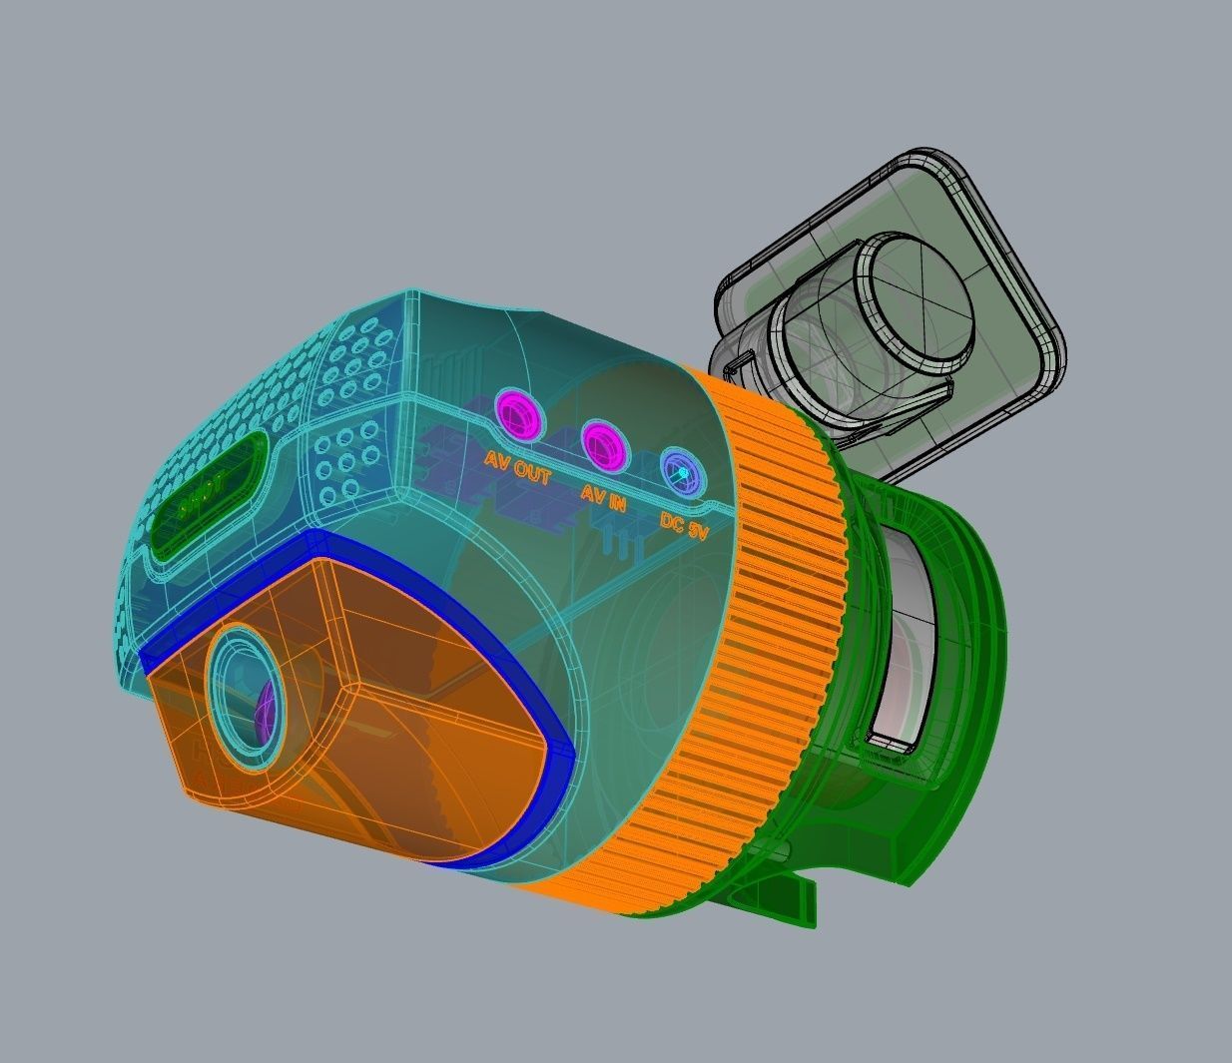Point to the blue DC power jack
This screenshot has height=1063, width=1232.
682,471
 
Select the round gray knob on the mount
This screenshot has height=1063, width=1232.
914,299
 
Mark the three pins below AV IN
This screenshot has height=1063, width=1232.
621,544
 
